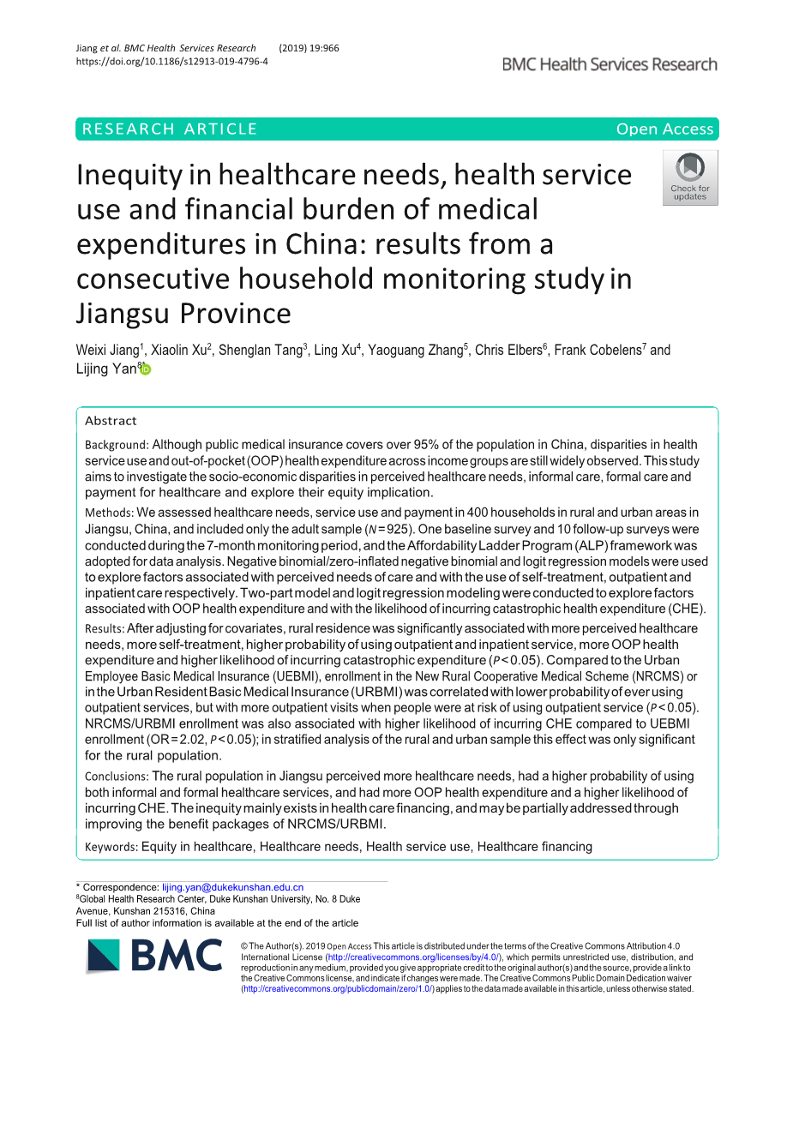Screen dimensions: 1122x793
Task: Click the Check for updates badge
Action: click(689, 178)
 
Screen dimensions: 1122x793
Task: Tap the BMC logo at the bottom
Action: click(155, 956)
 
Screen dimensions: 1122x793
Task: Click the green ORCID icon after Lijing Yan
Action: click(146, 369)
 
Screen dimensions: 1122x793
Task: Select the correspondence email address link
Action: click(232, 887)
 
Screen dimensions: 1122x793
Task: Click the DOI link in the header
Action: click(171, 62)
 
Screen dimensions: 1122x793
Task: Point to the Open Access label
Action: click(664, 129)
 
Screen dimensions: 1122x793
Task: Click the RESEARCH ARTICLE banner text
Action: click(170, 129)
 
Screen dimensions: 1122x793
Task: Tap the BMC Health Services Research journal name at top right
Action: click(610, 64)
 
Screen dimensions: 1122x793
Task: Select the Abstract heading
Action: click(111, 421)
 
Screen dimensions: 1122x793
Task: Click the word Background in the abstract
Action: click(116, 445)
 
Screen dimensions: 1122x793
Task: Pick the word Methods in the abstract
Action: click(108, 513)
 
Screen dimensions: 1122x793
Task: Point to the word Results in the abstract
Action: click(104, 629)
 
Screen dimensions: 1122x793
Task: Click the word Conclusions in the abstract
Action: click(116, 777)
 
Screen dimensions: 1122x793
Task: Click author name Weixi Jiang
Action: click(107, 351)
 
